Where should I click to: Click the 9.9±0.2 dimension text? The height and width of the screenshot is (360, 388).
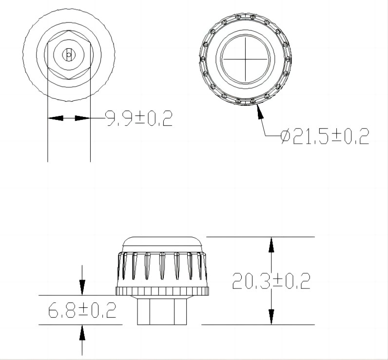coord(139,118)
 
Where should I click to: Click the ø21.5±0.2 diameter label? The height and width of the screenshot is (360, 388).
coord(324,136)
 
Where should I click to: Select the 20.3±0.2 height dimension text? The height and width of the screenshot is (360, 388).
coord(271,281)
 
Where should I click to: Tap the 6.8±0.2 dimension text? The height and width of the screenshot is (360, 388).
coord(82,310)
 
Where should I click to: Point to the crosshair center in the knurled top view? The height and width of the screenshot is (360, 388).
coord(245,59)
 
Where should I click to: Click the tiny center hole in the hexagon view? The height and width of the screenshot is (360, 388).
coord(69,55)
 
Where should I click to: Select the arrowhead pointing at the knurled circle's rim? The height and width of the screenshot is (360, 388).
coord(260,112)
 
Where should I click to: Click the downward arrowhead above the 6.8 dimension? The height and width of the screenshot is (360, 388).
coord(82,288)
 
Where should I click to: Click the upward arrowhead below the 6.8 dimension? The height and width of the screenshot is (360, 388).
coord(82,332)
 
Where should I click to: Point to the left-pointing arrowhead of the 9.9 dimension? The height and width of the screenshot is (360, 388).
coord(55,118)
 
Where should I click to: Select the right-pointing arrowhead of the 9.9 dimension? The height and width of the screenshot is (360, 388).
coord(83,118)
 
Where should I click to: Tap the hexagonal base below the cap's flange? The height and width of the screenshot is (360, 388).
coord(163,310)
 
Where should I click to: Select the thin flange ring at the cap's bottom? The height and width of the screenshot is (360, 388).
coord(163,291)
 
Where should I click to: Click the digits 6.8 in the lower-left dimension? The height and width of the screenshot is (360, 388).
coord(61,310)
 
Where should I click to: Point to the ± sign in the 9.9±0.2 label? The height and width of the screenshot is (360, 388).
coord(140,118)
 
